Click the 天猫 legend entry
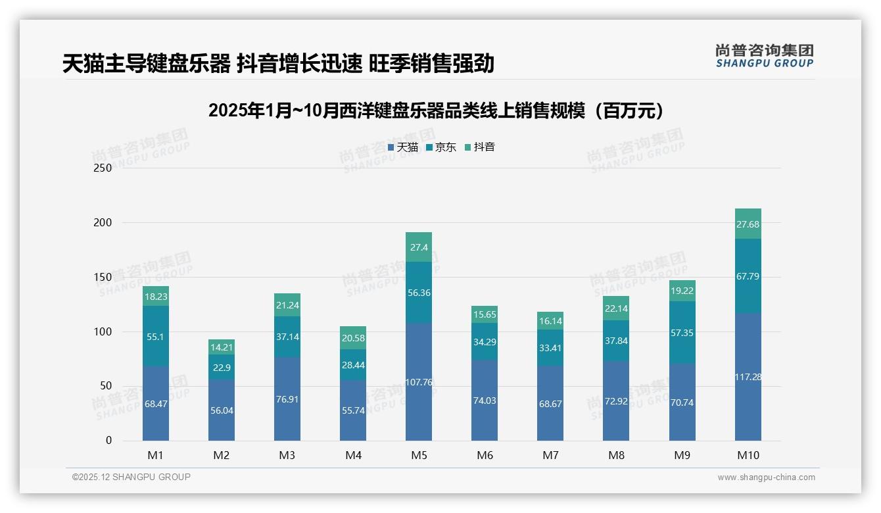click(403, 147)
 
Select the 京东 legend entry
click(441, 147)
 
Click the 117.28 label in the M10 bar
click(748, 377)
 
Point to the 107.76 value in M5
click(419, 382)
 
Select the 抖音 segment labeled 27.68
click(748, 224)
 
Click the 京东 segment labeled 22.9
click(222, 367)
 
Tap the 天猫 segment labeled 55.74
click(353, 410)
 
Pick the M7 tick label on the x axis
click(550, 455)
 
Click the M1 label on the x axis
click(156, 455)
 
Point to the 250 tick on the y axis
click(103, 168)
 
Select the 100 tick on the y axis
click(103, 331)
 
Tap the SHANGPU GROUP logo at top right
click(764, 56)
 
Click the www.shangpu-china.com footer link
click(766, 477)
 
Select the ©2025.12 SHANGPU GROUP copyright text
click(131, 477)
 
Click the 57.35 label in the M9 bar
click(682, 333)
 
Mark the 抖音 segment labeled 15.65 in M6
click(485, 315)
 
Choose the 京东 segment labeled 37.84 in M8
click(616, 341)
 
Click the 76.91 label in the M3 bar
click(287, 399)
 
